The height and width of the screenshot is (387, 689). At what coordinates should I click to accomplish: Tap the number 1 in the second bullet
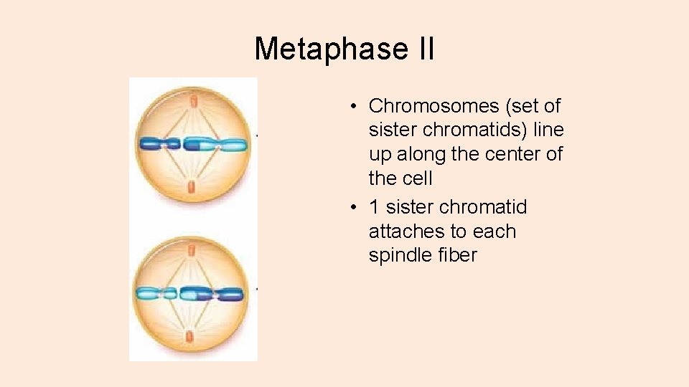pyautogui.click(x=374, y=207)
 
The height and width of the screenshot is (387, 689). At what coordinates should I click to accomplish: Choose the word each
pyautogui.click(x=495, y=231)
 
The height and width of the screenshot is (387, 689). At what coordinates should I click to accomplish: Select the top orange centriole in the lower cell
pyautogui.click(x=192, y=252)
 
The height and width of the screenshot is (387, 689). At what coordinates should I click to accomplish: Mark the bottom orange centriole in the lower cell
pyautogui.click(x=191, y=336)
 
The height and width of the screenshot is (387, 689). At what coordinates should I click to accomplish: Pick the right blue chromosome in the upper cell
pyautogui.click(x=215, y=144)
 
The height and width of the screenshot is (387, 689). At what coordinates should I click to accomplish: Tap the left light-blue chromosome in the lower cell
pyautogui.click(x=156, y=293)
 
